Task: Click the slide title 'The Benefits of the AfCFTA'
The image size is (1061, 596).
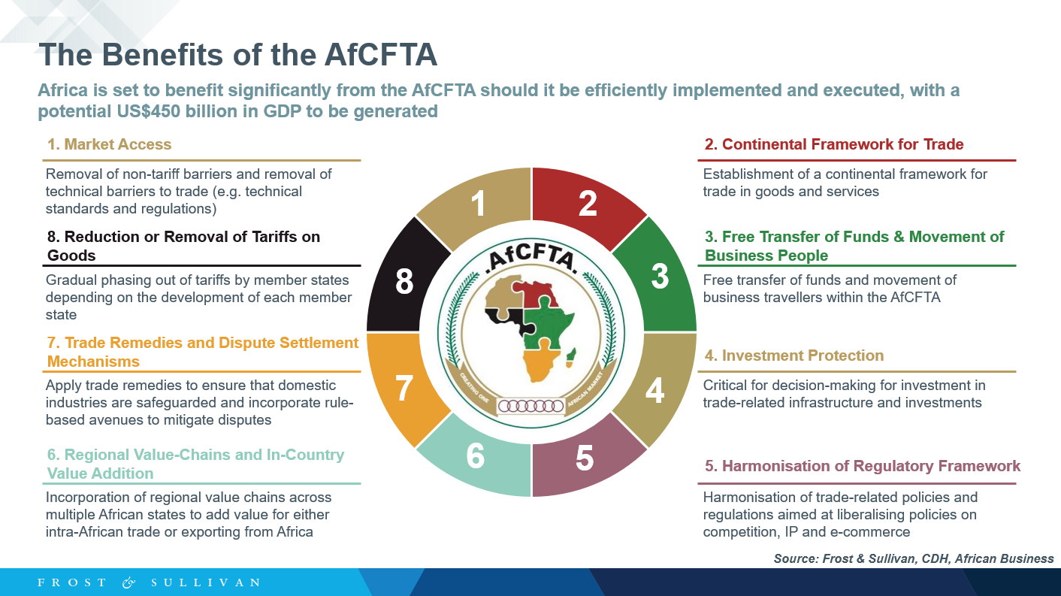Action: click(x=237, y=55)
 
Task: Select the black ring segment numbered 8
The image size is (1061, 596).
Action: click(x=404, y=280)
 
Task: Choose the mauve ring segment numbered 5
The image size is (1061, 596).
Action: click(x=585, y=458)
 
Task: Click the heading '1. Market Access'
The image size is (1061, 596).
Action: click(x=110, y=144)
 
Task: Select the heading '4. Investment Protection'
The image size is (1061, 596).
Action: click(x=793, y=355)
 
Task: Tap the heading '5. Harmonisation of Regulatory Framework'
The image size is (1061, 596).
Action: click(x=862, y=466)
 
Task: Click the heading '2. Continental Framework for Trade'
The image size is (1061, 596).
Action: click(x=833, y=144)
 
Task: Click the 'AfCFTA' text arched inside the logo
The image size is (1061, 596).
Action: click(x=531, y=259)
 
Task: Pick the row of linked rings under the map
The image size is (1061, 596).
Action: click(x=531, y=406)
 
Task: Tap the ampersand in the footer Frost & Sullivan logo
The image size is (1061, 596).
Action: click(x=128, y=582)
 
